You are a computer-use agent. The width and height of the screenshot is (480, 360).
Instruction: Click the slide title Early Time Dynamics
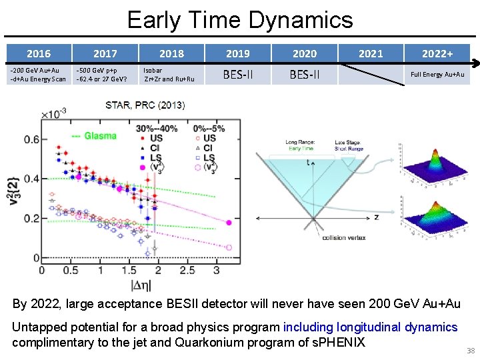pos(240,19)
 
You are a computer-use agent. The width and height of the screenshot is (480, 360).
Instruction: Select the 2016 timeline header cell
pos(38,53)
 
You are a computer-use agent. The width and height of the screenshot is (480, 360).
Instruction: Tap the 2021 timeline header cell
pos(371,53)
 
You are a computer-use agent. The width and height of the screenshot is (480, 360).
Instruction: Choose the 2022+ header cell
pos(438,53)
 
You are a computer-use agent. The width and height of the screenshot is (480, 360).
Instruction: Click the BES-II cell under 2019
pos(238,75)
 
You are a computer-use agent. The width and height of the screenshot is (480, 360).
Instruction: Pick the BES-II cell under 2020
pos(305,75)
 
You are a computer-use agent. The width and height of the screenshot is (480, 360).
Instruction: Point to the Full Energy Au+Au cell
pos(437,75)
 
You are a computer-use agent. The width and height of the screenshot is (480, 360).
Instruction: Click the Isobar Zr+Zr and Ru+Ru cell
pos(169,74)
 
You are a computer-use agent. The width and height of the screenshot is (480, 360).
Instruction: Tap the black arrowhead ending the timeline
pos(474,64)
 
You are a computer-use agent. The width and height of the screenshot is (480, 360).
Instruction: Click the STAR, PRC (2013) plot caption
pos(145,105)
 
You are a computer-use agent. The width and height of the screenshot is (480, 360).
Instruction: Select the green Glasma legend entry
pos(94,135)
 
